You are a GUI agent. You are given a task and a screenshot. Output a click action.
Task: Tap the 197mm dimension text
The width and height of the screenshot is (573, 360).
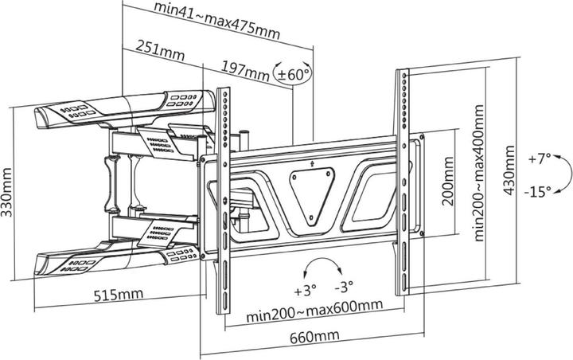pyautogui.click(x=245, y=73)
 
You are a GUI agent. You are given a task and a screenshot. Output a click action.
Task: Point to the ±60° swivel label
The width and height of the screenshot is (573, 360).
pyautogui.click(x=292, y=74)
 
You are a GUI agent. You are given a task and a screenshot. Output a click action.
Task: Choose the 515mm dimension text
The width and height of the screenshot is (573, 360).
pyautogui.click(x=118, y=294)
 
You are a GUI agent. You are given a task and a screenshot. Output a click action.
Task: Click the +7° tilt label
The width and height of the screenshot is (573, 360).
pyautogui.click(x=539, y=159)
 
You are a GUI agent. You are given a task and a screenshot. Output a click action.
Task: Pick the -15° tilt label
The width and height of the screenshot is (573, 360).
pyautogui.click(x=539, y=192)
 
